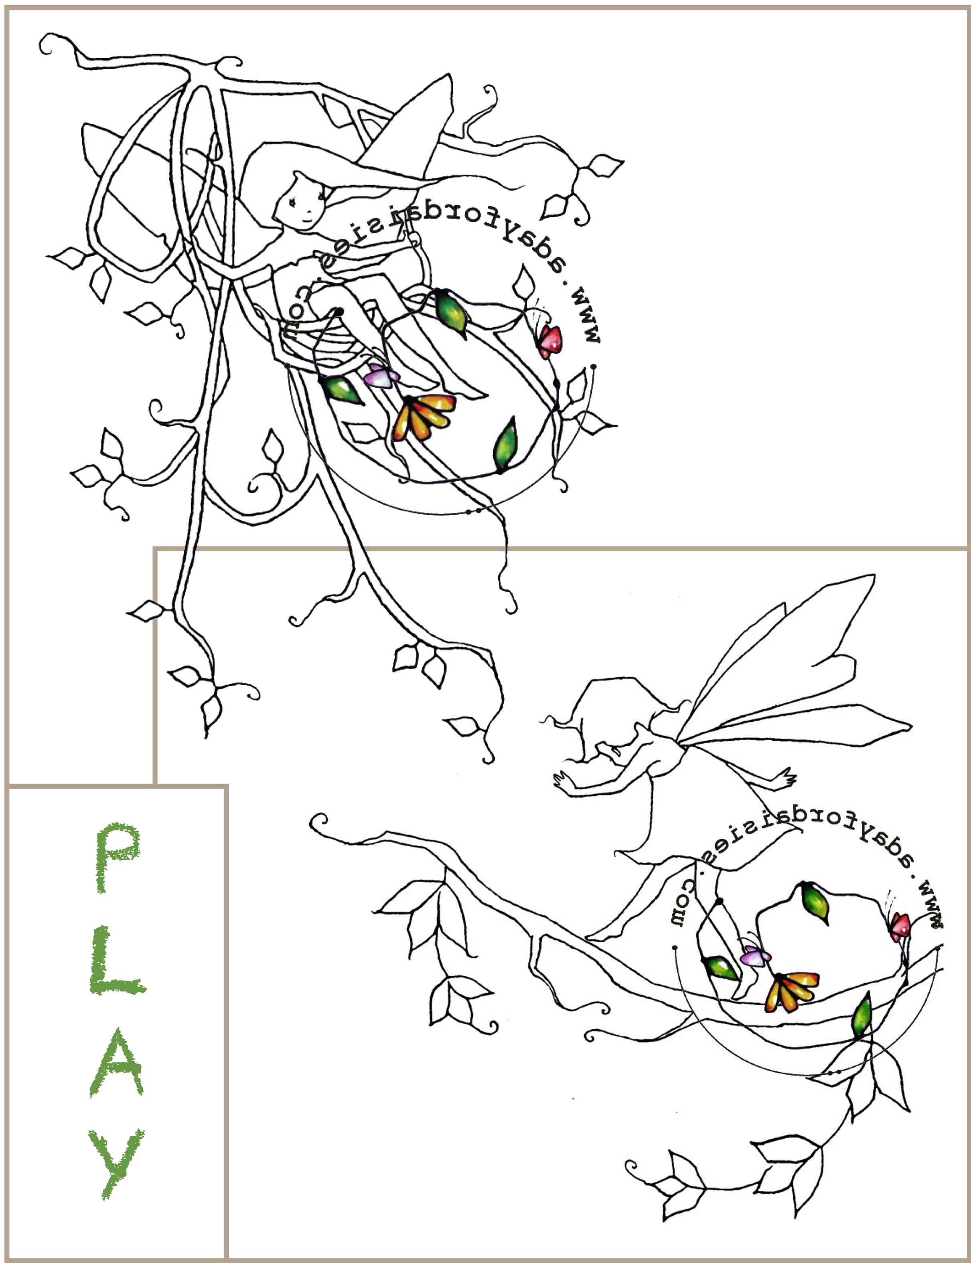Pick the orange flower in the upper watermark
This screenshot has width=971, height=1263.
pyautogui.click(x=424, y=417)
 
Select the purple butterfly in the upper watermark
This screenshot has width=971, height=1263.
pyautogui.click(x=381, y=376)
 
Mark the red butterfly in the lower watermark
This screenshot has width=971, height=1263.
pyautogui.click(x=900, y=926)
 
